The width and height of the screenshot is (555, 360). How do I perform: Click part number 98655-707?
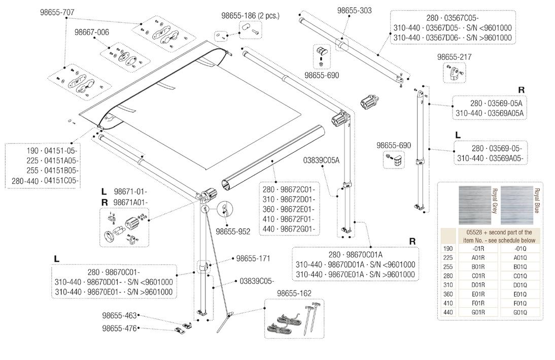tap(57, 12)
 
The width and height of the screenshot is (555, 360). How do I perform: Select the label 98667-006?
tap(92, 32)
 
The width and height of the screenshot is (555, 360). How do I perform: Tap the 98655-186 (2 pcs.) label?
tap(250, 16)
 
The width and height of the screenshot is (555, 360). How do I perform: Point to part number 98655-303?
tap(354, 11)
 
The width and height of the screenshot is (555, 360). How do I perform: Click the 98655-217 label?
tap(454, 57)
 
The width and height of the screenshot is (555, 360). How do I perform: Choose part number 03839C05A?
tap(321, 160)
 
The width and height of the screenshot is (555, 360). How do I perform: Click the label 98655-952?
tap(233, 232)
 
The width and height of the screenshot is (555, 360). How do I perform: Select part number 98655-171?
tap(253, 258)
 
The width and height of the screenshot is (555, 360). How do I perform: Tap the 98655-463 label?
tap(119, 316)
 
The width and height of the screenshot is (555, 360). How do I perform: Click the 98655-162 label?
tap(294, 293)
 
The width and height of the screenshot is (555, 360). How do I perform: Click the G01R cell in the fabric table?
tap(478, 312)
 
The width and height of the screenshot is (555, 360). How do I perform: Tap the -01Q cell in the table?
tap(520, 249)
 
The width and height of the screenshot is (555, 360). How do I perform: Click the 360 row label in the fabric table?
tap(448, 294)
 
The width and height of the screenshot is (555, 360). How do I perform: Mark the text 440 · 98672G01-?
tap(289, 229)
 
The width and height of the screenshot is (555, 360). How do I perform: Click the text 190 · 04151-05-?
tap(52, 151)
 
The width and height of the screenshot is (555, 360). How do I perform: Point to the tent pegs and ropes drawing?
tap(293, 318)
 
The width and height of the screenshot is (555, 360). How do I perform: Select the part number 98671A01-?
tap(130, 202)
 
